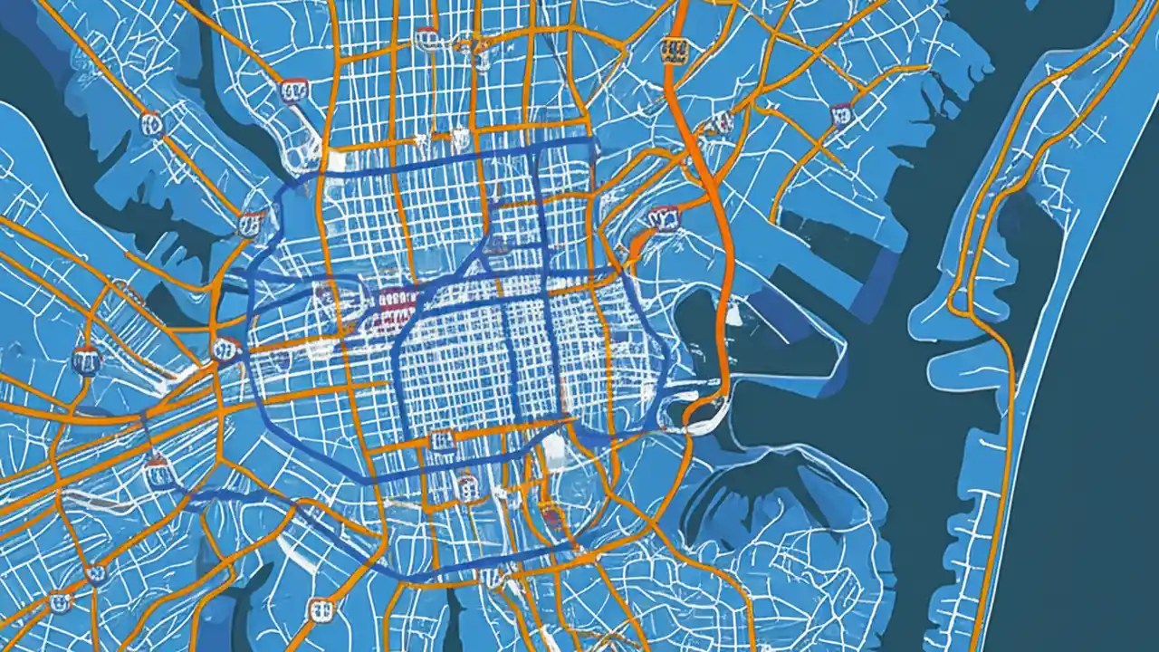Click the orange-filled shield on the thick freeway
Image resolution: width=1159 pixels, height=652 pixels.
673,50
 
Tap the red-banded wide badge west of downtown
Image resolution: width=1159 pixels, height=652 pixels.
398,300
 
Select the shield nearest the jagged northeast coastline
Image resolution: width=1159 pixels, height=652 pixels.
841,113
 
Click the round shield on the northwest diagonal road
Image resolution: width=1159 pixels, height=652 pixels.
152,123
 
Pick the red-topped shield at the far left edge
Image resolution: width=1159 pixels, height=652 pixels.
86,360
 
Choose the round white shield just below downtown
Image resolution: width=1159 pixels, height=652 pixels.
468,489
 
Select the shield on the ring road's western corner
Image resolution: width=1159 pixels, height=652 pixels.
226,348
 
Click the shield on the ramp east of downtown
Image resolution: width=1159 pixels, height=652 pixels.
664,217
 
